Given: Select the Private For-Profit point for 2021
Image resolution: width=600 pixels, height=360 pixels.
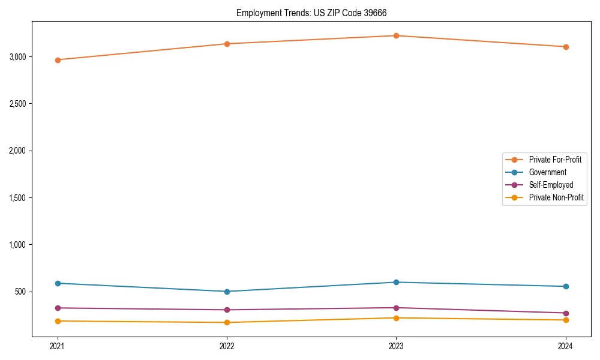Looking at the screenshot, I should click(x=58, y=60).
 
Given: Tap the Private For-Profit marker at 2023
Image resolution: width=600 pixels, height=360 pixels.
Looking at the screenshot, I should click(x=396, y=35).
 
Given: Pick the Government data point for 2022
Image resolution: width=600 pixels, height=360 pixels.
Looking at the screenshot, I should click(x=227, y=292).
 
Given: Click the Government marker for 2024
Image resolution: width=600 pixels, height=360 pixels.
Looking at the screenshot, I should click(x=565, y=286).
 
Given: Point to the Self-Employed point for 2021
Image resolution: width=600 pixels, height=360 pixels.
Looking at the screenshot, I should click(x=58, y=308).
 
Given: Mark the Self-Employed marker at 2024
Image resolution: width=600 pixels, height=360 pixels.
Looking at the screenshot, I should click(x=565, y=313).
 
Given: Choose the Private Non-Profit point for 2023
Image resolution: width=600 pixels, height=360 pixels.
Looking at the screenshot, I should click(x=396, y=318).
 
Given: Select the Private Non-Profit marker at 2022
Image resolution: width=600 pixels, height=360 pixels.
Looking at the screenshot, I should click(x=227, y=323).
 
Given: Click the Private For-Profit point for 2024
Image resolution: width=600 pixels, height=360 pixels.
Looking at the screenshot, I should click(x=565, y=47).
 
